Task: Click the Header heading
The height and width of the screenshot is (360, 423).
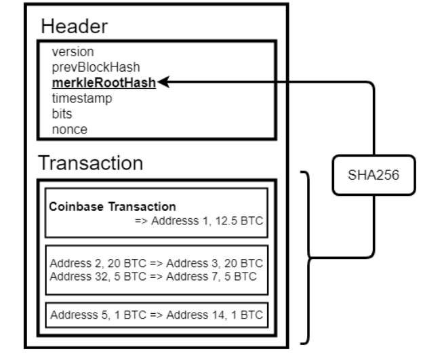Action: (74, 26)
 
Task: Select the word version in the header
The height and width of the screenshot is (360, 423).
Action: (73, 52)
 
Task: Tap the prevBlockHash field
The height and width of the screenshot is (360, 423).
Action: (96, 67)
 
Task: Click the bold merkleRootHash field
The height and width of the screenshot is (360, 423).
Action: (104, 83)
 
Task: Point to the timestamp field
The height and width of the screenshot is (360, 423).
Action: (82, 98)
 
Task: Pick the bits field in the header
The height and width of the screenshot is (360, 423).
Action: (62, 114)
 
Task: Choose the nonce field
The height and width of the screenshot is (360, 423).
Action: (70, 129)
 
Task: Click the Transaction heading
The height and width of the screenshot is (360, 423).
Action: (90, 163)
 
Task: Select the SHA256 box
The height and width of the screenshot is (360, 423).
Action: (374, 175)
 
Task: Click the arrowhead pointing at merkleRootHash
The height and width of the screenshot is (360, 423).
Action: (163, 82)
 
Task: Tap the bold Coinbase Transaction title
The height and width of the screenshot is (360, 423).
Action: (113, 207)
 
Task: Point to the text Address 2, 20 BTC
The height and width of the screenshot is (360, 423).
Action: (98, 263)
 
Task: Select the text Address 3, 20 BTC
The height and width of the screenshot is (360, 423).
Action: (214, 263)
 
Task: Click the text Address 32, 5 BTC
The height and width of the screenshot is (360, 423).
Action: (98, 277)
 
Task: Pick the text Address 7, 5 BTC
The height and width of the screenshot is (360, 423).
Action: (211, 277)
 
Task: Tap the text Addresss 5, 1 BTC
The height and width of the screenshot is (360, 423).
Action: (98, 315)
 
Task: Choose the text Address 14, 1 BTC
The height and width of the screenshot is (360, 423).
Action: (215, 315)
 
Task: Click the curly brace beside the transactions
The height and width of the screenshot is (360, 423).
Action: (308, 258)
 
